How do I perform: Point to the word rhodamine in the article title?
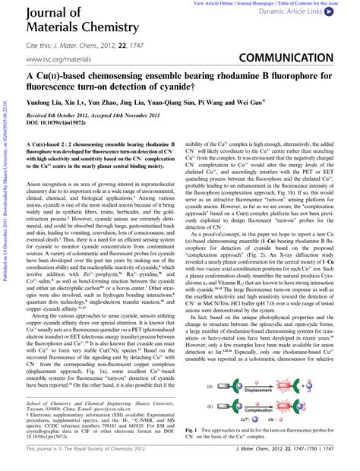point(248,78)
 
